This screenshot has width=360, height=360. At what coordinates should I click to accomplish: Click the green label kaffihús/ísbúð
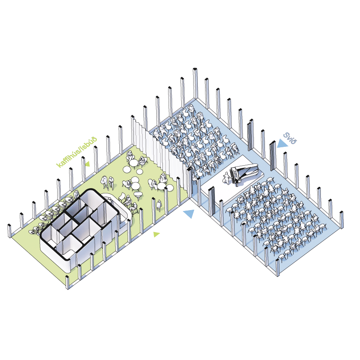[x=77, y=152]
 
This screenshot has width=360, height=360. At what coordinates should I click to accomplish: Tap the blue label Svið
[x=290, y=138]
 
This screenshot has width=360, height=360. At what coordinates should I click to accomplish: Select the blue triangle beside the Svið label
[x=282, y=144]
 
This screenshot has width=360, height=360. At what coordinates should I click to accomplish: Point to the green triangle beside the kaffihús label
[x=87, y=164]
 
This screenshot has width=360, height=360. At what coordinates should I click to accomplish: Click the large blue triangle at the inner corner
[x=189, y=214]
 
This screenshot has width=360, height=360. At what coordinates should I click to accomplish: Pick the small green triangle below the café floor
[x=156, y=234]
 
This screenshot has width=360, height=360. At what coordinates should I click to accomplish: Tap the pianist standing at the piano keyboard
[x=226, y=178]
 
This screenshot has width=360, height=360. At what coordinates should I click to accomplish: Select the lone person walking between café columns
[x=159, y=205]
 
